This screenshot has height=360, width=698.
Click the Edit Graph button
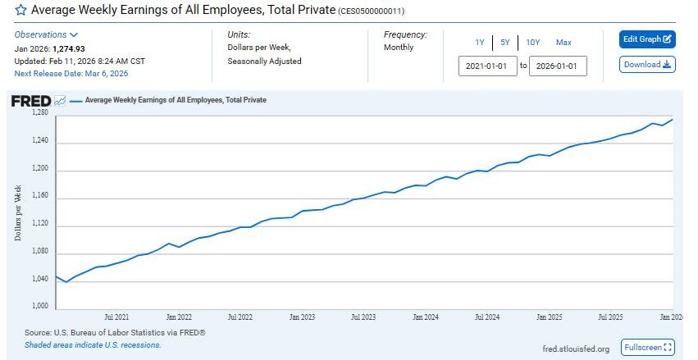[647, 39]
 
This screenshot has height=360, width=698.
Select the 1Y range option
[479, 43]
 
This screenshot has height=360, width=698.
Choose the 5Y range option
[505, 43]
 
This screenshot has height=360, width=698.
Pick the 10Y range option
[533, 43]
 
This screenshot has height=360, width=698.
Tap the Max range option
[563, 43]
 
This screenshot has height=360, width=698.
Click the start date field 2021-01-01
[487, 66]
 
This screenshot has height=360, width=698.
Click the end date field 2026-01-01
[558, 66]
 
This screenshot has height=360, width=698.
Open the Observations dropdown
[46, 35]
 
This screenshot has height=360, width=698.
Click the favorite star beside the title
[21, 11]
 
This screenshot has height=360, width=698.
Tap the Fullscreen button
[647, 348]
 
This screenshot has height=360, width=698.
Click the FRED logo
[30, 101]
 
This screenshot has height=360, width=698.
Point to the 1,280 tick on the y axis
[40, 113]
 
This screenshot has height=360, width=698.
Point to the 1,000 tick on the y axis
[40, 307]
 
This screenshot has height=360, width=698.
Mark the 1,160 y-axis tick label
[40, 197]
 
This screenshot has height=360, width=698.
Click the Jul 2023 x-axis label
[363, 317]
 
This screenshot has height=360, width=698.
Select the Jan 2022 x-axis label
[178, 317]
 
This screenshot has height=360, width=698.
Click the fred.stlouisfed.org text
[576, 349]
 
